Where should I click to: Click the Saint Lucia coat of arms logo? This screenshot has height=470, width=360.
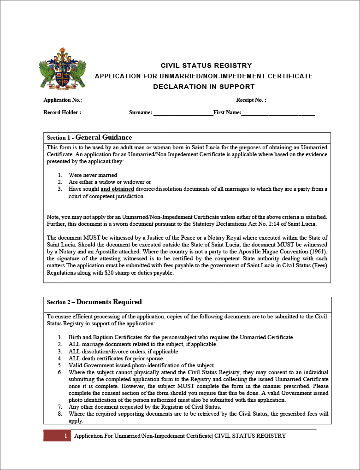[64, 68]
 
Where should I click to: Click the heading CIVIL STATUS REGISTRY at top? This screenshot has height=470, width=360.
[206, 65]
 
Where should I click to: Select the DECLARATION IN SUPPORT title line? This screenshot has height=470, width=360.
[204, 87]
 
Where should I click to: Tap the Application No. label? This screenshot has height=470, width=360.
[63, 100]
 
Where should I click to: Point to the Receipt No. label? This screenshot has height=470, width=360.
[251, 100]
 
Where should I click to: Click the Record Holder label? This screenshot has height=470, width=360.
[62, 112]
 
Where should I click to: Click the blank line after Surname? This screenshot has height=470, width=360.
[183, 112]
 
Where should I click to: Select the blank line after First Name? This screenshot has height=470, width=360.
[278, 112]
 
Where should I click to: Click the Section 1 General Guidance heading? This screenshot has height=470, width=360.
[89, 137]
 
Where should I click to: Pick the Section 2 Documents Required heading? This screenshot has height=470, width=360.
[94, 302]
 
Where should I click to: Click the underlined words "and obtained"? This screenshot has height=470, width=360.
[118, 189]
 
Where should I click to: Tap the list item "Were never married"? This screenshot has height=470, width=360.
[93, 175]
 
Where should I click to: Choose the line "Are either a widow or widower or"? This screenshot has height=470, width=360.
[110, 182]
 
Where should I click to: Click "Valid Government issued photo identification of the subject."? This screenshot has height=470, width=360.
[142, 365]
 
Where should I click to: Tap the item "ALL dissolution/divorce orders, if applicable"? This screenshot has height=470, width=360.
[123, 351]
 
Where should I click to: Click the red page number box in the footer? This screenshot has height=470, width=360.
[57, 436]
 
